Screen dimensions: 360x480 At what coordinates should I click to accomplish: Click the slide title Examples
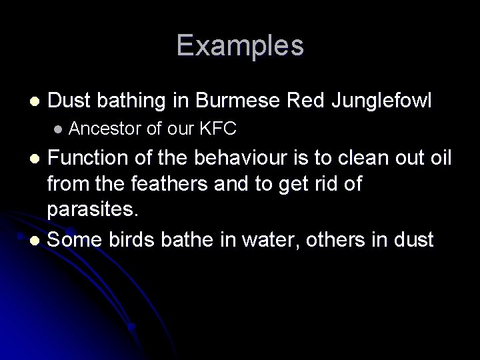[x=240, y=45]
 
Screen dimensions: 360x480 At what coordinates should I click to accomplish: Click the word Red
[x=303, y=101]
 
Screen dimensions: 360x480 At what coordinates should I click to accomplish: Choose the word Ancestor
[x=105, y=129]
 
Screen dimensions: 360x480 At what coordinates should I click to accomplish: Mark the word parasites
[x=92, y=209]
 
